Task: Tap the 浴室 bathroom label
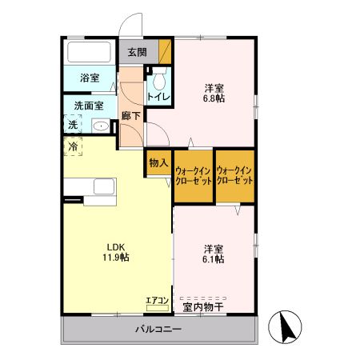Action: (89, 78)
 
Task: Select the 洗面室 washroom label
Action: (90, 105)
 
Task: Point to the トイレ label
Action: (157, 98)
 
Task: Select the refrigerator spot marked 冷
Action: (73, 147)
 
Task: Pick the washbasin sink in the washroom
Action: (100, 125)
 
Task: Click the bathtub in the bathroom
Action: (90, 52)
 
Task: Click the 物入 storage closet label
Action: (158, 162)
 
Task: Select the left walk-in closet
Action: (193, 175)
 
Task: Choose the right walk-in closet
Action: (235, 175)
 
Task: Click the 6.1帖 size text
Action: (214, 259)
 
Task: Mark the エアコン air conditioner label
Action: (156, 301)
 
